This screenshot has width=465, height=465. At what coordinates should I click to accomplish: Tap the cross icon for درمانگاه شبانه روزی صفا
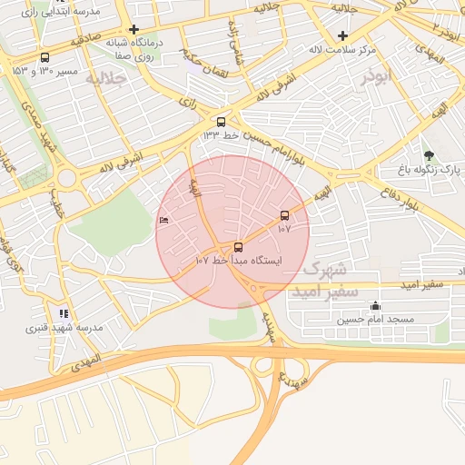coord(134,29)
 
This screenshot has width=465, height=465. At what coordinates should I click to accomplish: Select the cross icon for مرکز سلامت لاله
coord(342,36)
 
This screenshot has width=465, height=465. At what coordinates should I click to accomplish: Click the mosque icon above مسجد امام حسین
coord(374,306)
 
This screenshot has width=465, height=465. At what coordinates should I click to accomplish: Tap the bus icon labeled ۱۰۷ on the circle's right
coord(285,215)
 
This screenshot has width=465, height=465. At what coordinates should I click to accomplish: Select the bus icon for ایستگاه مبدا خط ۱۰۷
coord(238,246)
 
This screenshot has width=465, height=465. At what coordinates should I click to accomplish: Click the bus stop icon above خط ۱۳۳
coord(221,121)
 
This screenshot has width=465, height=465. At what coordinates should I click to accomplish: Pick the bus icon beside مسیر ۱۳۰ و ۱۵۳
coord(45,58)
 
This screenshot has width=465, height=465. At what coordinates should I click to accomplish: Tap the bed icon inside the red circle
coord(163,221)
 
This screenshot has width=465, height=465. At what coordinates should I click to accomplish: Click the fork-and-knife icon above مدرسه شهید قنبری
coord(64,312)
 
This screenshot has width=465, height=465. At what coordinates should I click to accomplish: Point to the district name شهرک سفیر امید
coord(318,281)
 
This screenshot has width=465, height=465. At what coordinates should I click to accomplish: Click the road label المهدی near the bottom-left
coord(84,364)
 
